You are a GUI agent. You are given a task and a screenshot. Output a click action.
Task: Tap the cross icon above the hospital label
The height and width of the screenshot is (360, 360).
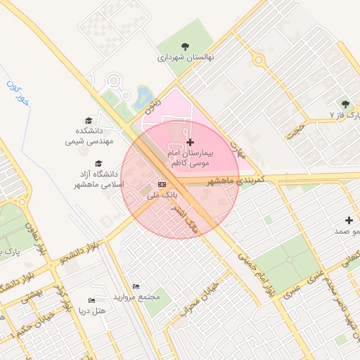(191, 143)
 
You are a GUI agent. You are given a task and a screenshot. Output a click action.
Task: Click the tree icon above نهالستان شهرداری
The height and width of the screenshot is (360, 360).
(185, 46)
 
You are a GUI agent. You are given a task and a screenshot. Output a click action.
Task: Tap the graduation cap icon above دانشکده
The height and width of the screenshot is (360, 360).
(89, 121)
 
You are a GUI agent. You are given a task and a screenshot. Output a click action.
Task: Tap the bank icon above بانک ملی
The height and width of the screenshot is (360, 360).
(162, 184)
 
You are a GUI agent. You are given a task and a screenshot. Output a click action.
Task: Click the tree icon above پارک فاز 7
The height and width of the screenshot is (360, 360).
(345, 103)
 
